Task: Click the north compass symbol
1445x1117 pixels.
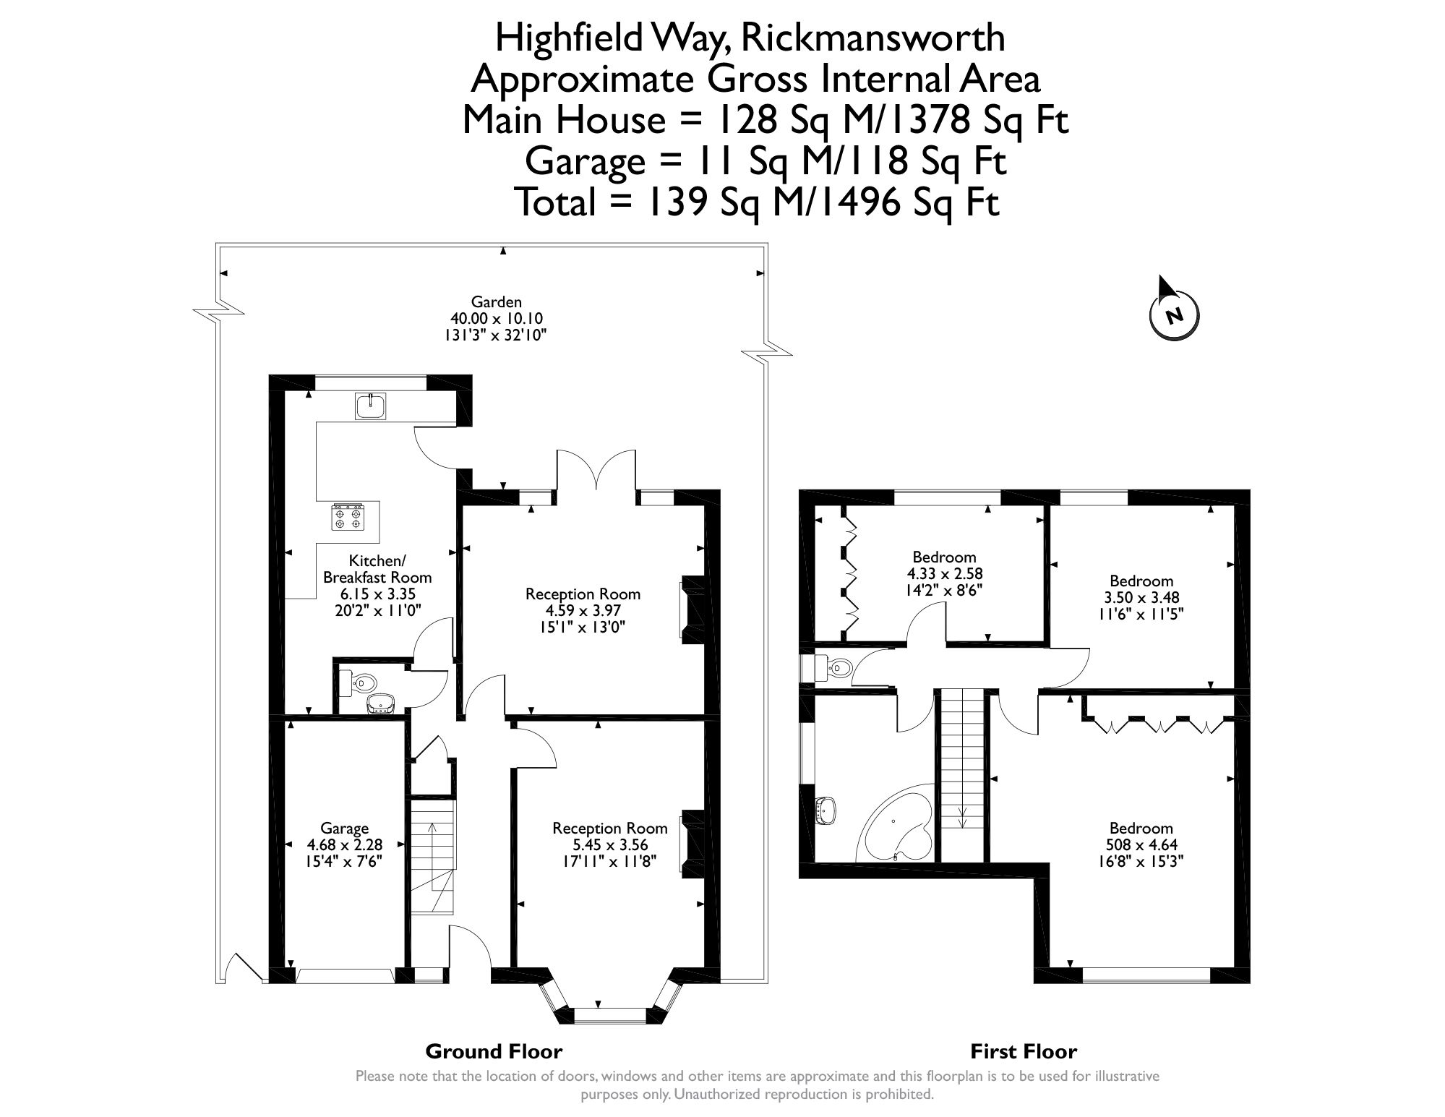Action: click(x=1173, y=315)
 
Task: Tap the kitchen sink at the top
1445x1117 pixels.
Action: click(x=371, y=406)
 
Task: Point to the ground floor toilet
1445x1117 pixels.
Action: click(x=363, y=682)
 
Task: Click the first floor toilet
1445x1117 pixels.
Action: click(x=836, y=668)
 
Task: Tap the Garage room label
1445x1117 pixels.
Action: click(x=345, y=829)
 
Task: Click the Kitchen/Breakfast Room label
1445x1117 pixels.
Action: click(x=377, y=569)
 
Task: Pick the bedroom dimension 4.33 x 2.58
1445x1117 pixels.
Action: click(x=944, y=573)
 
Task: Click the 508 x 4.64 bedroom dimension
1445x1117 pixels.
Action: click(x=1141, y=844)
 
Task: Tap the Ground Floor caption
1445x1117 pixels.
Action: click(x=494, y=1051)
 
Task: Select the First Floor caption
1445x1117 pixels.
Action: click(x=1023, y=1051)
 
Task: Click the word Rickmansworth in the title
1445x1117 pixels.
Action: click(x=873, y=38)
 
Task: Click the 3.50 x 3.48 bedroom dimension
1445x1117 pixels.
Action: click(x=1141, y=598)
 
